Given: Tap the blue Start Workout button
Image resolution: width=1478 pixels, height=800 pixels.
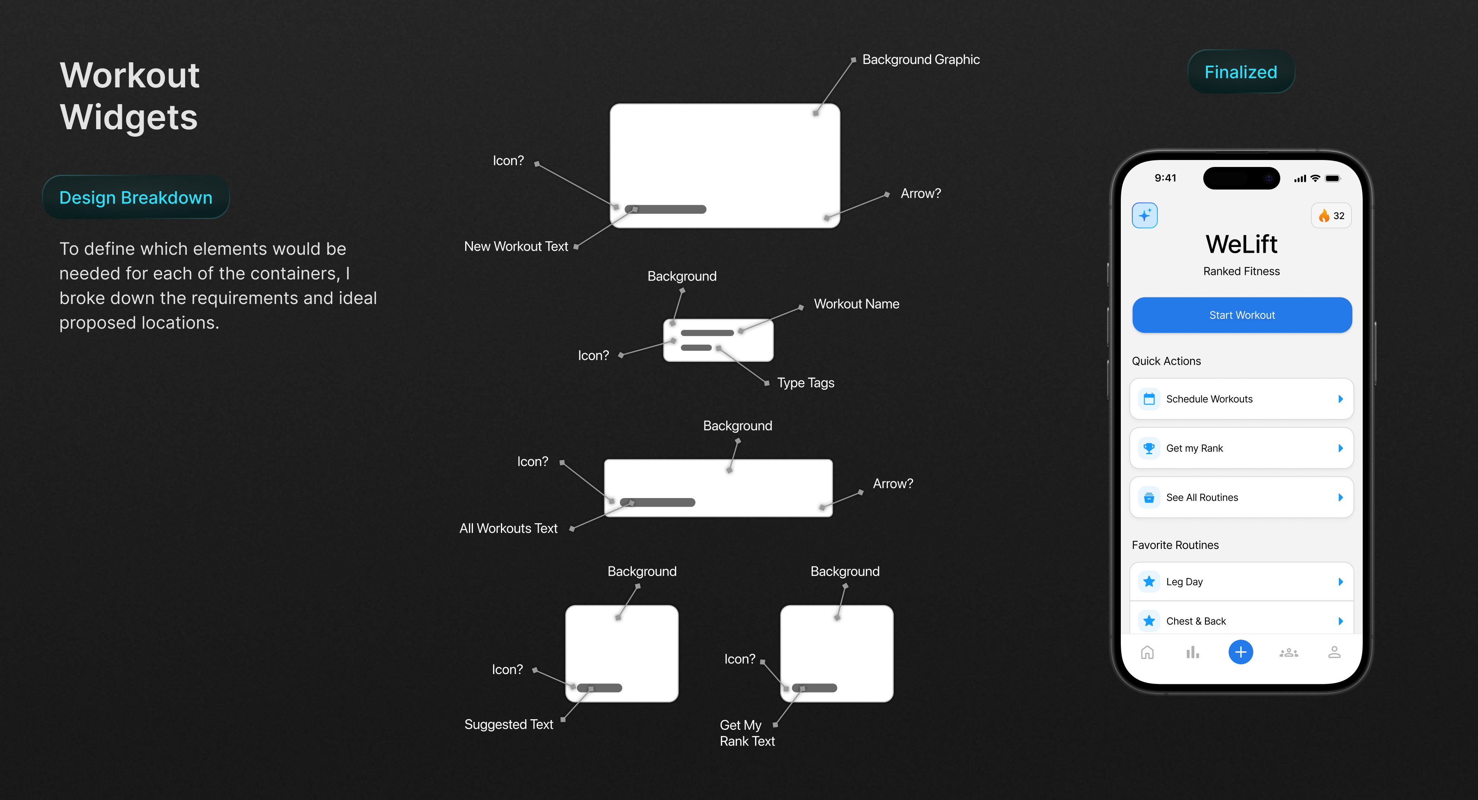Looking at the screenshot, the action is [x=1242, y=315].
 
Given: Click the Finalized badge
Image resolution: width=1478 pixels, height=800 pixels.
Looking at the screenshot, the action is [x=1240, y=72].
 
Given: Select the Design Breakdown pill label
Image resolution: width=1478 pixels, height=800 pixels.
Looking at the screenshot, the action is [x=136, y=197].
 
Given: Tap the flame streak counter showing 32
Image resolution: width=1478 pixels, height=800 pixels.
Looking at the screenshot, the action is [x=1331, y=216].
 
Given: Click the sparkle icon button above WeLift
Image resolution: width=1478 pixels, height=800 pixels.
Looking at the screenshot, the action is [x=1145, y=216].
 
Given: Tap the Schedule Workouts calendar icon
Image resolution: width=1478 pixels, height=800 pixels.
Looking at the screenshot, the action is [x=1149, y=399].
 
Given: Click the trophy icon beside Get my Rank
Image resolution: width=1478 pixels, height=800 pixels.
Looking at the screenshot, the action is [x=1149, y=448].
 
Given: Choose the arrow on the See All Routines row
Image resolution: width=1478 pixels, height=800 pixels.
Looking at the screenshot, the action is [x=1341, y=497].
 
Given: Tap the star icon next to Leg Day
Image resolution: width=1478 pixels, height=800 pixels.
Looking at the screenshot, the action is [x=1149, y=581].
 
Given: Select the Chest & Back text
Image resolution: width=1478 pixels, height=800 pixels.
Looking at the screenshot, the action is [x=1196, y=621].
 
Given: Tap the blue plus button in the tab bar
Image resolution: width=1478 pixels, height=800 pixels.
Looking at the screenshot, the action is [x=1240, y=652].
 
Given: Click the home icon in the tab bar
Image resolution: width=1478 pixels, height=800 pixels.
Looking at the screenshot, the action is [x=1148, y=653].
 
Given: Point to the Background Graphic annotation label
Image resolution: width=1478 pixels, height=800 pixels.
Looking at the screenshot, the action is [x=921, y=59].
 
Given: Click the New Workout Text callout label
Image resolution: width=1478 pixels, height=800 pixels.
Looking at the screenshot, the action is [x=516, y=247].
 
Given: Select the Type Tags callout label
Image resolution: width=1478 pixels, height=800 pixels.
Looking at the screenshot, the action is [x=806, y=383].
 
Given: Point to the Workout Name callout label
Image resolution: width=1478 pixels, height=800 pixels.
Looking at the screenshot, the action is [x=856, y=304].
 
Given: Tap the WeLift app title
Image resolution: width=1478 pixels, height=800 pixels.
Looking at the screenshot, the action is [x=1242, y=244].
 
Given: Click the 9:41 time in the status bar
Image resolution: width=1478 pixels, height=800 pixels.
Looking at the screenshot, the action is [x=1165, y=178].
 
